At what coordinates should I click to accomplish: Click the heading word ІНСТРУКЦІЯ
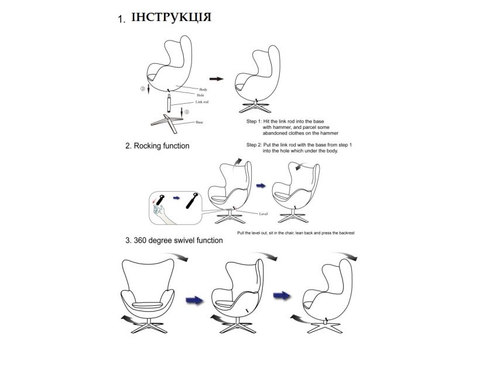(171, 17)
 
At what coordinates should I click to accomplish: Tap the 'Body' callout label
(203, 90)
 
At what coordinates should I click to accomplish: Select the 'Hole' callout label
(201, 96)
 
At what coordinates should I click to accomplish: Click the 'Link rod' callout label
(202, 102)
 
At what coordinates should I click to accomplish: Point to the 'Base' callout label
(199, 122)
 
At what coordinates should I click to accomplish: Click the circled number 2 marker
(143, 89)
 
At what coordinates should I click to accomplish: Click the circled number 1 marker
(187, 112)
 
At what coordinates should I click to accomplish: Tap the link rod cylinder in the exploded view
(169, 104)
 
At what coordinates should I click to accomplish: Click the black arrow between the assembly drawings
(217, 79)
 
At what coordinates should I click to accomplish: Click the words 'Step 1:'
(255, 121)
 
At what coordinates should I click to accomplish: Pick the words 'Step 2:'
(255, 145)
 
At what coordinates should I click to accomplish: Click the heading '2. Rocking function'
(157, 146)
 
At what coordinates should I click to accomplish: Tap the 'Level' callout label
(263, 214)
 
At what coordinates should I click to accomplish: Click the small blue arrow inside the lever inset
(176, 198)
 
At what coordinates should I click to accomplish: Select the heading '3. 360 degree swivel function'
(174, 240)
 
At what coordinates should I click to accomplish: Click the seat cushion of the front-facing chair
(148, 305)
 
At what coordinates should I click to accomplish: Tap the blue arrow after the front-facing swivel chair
(194, 300)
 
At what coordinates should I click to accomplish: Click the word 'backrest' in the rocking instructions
(347, 233)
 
